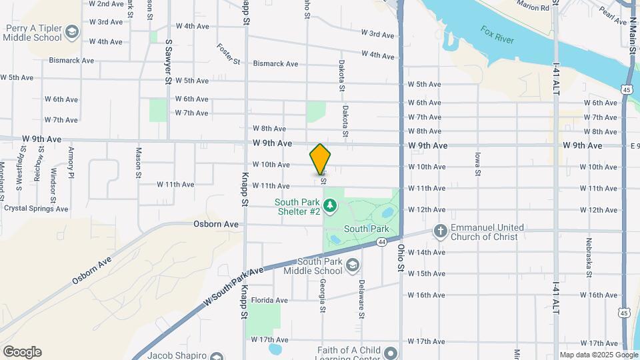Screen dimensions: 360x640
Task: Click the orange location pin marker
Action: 321,159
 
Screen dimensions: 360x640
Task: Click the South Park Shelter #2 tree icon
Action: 329,203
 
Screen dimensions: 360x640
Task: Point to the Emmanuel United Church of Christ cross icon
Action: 439,231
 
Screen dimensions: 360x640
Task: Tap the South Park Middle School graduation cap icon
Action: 353,266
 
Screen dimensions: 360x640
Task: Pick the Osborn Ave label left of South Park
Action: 216,225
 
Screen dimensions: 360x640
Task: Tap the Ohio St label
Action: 401,257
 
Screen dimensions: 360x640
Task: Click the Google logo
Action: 21,352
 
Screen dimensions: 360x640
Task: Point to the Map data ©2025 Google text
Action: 598,355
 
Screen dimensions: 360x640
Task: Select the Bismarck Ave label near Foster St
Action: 275,64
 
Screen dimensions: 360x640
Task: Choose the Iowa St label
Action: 477,163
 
